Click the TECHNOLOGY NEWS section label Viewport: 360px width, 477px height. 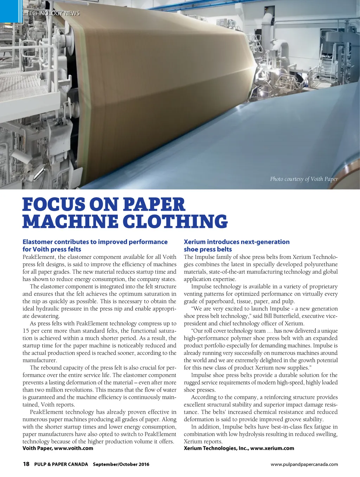53,13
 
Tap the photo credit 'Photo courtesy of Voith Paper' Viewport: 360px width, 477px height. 304,179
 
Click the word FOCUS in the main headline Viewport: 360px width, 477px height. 53,205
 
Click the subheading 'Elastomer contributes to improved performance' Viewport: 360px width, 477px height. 95,242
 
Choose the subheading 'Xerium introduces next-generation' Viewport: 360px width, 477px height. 237,242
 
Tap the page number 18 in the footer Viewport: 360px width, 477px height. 26,464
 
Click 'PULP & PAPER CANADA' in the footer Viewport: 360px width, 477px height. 61,464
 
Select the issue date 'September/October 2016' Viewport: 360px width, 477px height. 121,464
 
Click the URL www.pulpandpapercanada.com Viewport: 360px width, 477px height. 304,464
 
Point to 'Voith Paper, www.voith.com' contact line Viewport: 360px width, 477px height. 58,448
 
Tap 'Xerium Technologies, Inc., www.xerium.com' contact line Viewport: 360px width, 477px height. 239,448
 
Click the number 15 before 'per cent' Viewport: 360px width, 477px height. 26,331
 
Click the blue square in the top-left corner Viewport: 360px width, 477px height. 11,11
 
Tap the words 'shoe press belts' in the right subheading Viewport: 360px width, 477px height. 208,249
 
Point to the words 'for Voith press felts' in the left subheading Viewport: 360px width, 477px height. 52,249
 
